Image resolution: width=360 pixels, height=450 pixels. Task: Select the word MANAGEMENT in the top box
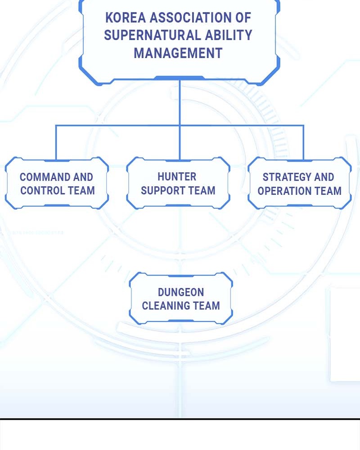pyautogui.click(x=178, y=53)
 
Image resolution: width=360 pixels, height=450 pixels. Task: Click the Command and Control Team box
pyautogui.click(x=57, y=183)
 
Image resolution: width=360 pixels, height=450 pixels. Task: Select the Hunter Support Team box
pyautogui.click(x=178, y=183)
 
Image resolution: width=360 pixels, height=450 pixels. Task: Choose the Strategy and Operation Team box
pyautogui.click(x=300, y=183)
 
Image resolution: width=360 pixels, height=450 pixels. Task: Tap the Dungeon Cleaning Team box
pyautogui.click(x=181, y=298)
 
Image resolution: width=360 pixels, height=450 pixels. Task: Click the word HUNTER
pyautogui.click(x=177, y=176)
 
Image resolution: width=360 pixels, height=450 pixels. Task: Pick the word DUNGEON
pyautogui.click(x=181, y=292)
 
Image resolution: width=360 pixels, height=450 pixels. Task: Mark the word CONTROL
pyautogui.click(x=43, y=190)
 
